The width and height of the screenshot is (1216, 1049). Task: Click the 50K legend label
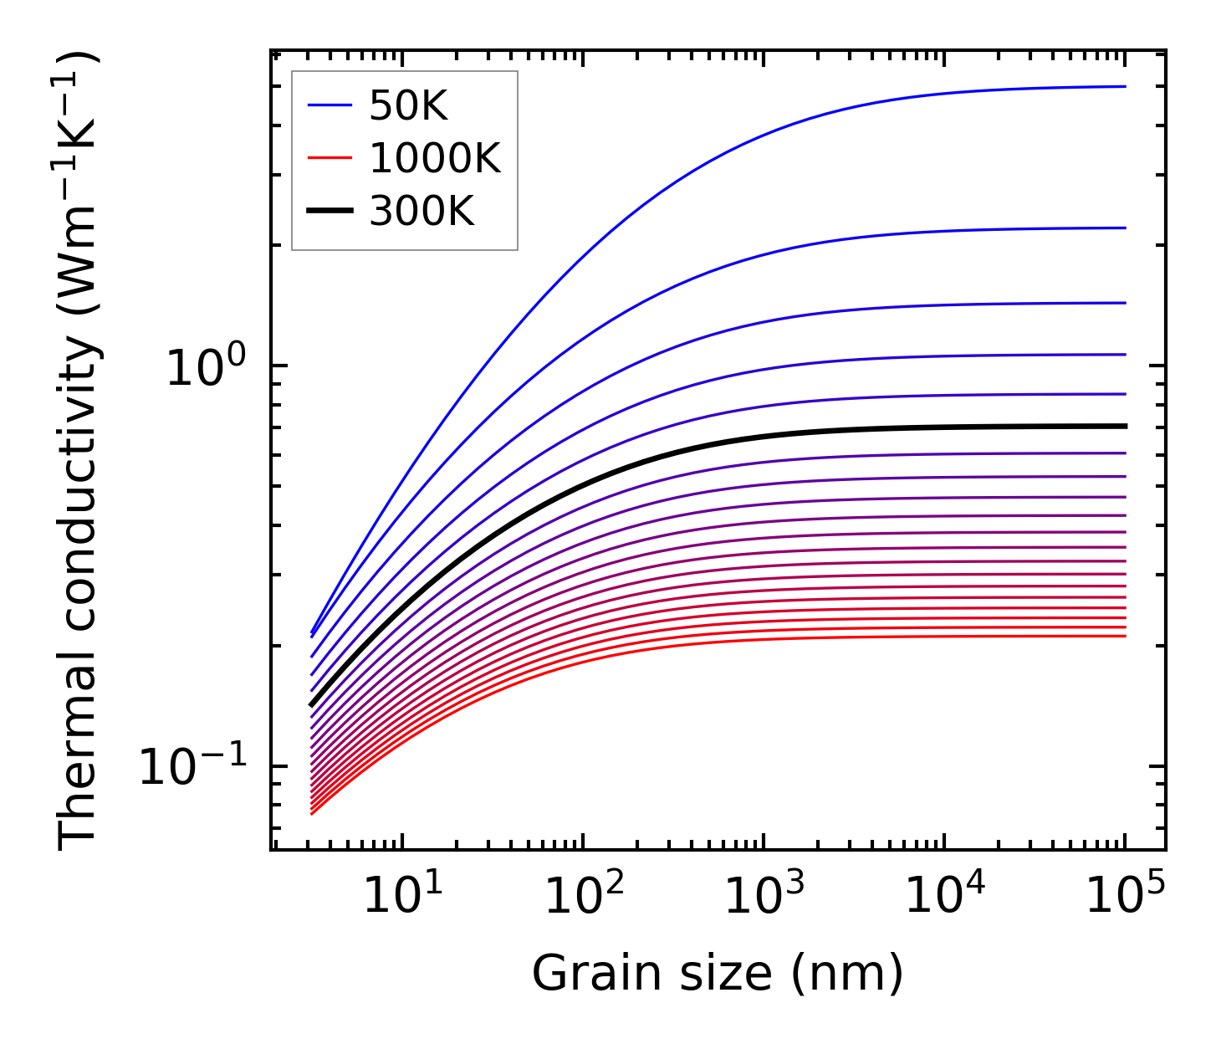point(408,106)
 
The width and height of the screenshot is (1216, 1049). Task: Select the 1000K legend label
point(434,158)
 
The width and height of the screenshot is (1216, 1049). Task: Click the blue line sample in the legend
point(331,105)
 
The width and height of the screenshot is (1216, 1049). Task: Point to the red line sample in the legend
point(331,158)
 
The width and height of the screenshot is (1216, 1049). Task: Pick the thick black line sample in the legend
point(331,211)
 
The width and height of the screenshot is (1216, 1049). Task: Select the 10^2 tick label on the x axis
point(583,897)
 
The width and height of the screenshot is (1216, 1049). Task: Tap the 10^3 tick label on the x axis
point(764,897)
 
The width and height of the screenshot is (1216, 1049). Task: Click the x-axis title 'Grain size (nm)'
point(718,974)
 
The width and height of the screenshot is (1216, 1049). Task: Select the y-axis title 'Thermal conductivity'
point(79,452)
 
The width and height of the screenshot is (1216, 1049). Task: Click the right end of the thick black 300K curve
point(1125,426)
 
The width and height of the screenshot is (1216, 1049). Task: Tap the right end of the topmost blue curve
point(1125,86)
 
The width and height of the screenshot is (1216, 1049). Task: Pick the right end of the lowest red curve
point(1125,636)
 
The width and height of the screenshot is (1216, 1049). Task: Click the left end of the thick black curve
point(311,704)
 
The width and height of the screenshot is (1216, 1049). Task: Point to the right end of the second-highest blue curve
point(1125,228)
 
